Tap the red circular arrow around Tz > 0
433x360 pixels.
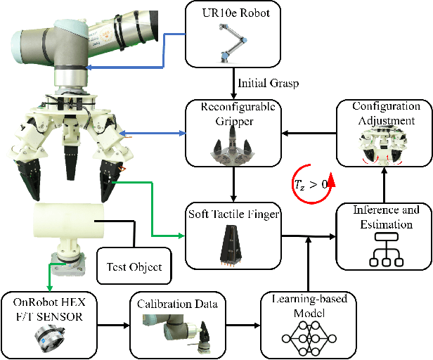[x=311, y=185]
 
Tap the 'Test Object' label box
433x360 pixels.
[x=134, y=266]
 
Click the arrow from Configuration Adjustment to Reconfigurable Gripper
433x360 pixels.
[x=309, y=133]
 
